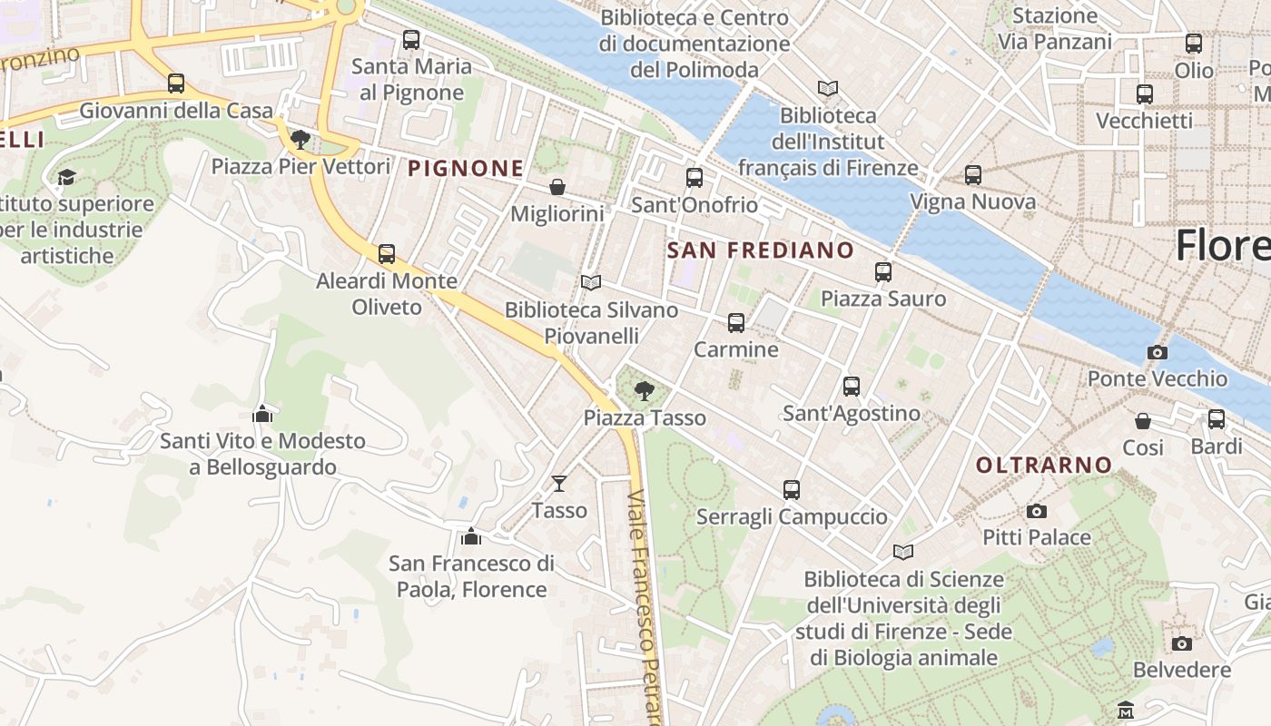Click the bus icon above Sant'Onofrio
pos(695,178)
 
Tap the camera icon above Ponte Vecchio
pos(1157,352)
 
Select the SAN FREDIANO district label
pos(761,250)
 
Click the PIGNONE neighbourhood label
pos(466,168)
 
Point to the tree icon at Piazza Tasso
pos(645,391)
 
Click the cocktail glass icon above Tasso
pos(559,484)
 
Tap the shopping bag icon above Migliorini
pos(557,187)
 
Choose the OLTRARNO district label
pos(1044,466)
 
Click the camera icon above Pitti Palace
pos(1037,512)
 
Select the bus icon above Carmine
pos(736,323)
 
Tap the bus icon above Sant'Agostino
pos(852,387)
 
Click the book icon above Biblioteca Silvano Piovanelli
pos(591,283)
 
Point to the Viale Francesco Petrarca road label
pos(645,608)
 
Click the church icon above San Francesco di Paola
pos(470,537)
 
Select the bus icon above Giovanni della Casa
pos(176,83)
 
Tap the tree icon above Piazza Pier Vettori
pos(301,140)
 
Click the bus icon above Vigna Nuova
pos(973,175)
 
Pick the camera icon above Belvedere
pos(1181,643)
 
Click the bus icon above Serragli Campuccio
pos(792,490)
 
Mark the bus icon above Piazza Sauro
pos(883,272)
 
